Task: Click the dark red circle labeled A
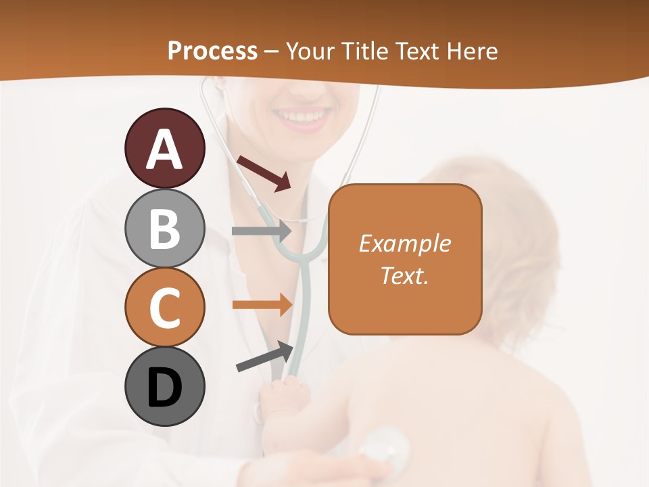pyautogui.click(x=164, y=148)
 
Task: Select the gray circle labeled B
pyautogui.click(x=164, y=228)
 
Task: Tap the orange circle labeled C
pyautogui.click(x=164, y=308)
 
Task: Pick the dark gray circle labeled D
pyautogui.click(x=164, y=387)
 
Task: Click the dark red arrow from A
pyautogui.click(x=264, y=172)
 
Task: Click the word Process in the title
pyautogui.click(x=212, y=51)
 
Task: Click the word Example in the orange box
pyautogui.click(x=404, y=243)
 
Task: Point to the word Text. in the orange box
pyautogui.click(x=404, y=275)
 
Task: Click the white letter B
pyautogui.click(x=164, y=228)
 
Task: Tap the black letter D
pyautogui.click(x=164, y=387)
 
